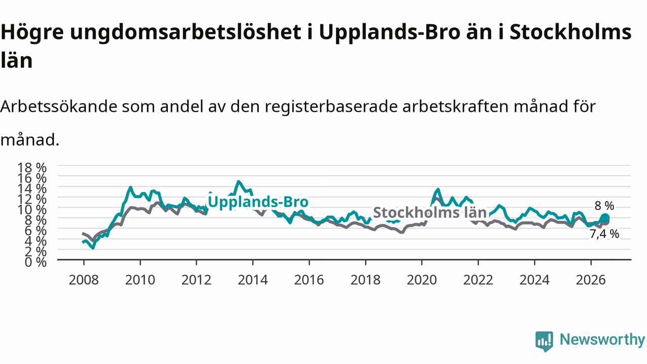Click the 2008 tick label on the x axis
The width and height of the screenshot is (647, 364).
coord(84,280)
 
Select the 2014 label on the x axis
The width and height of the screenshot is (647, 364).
coord(253,280)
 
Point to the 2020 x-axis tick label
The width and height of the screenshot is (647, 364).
coord(422,280)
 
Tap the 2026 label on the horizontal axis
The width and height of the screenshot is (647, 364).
coord(591,280)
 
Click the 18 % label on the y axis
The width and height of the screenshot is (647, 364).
coord(32,167)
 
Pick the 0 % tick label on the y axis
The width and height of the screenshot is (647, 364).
coord(35,262)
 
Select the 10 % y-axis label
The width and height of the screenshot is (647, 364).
coord(32,210)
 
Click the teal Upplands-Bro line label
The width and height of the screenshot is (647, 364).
coord(258,202)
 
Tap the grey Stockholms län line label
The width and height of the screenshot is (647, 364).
coord(430,213)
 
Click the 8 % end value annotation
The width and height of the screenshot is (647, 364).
coord(604,206)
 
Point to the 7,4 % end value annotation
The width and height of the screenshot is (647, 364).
coord(604,234)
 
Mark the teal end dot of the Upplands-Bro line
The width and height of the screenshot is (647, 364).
coord(605,218)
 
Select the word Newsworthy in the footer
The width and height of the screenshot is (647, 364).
coord(602,339)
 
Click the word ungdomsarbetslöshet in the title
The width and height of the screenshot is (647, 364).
coord(186,32)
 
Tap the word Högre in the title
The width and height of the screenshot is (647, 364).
coord(32,32)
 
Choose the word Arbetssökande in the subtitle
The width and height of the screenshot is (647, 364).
coord(59,106)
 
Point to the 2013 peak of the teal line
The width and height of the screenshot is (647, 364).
coord(238,181)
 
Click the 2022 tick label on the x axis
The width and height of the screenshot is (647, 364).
coord(478,280)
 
